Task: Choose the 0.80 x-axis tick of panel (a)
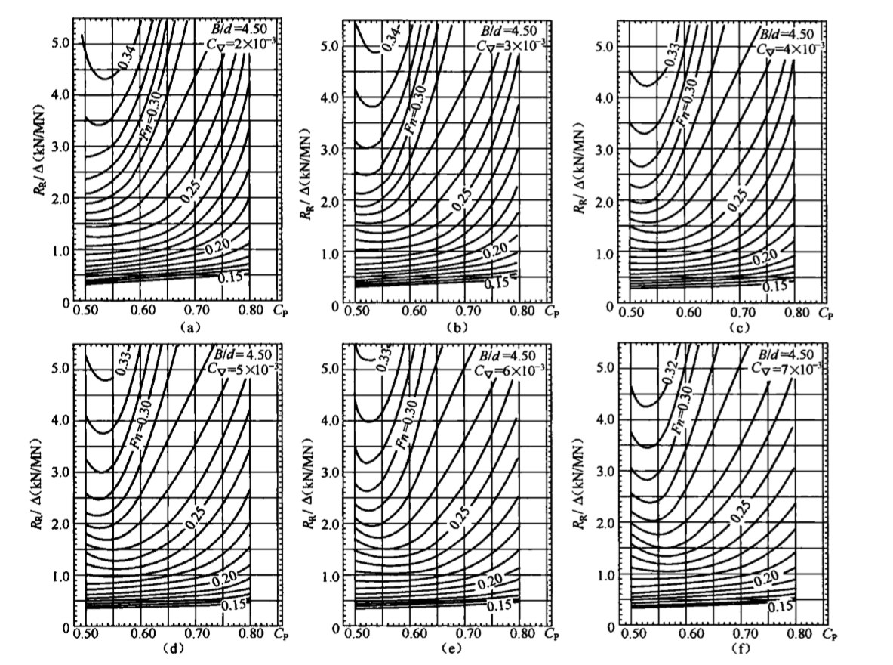(251, 310)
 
